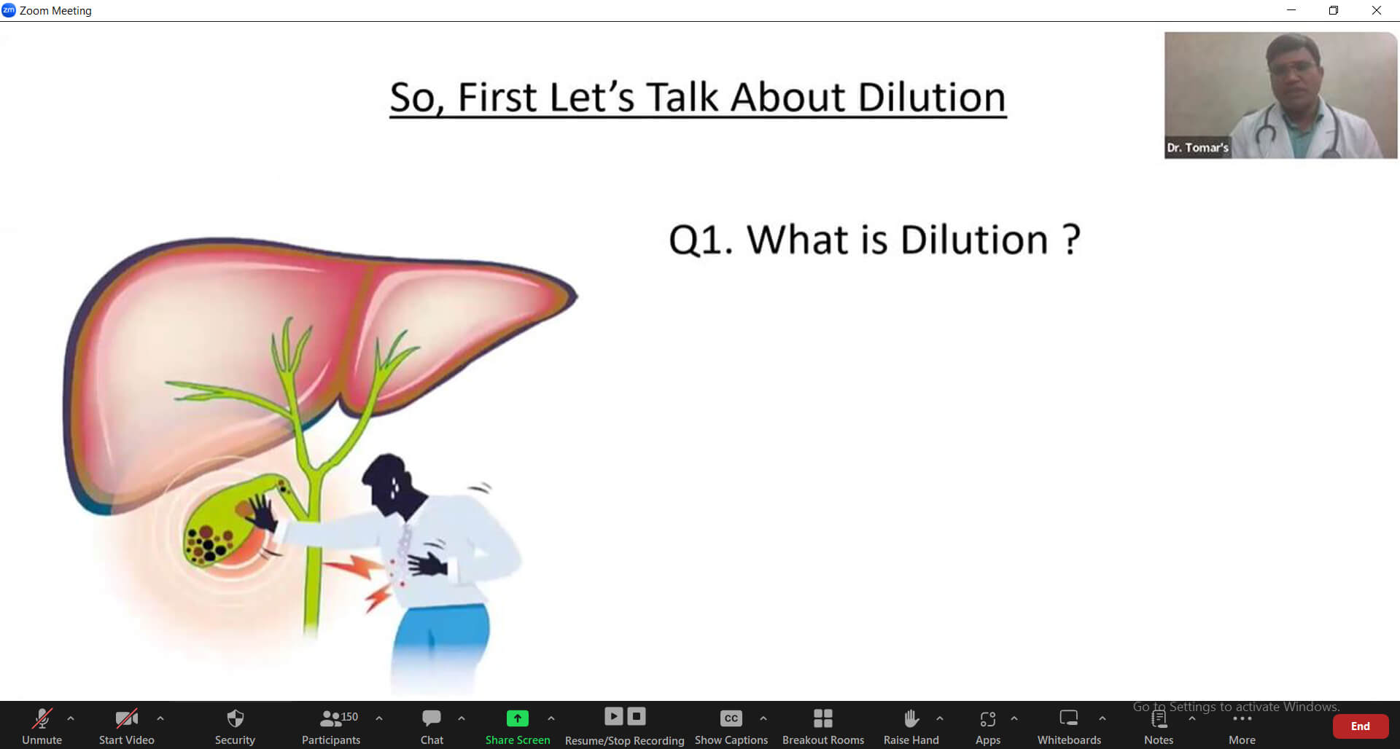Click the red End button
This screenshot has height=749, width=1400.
click(x=1360, y=726)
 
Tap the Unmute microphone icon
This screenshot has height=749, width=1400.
click(x=42, y=719)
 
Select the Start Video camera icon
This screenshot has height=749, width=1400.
click(x=126, y=719)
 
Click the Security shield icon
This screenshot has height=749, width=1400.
click(x=235, y=719)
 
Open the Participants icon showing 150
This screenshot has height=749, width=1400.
click(x=332, y=719)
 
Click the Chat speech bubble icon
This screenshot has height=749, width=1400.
click(x=432, y=719)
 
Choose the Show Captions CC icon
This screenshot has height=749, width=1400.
click(x=731, y=719)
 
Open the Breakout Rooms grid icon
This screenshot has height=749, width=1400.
click(x=822, y=719)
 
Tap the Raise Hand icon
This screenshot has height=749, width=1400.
click(x=911, y=719)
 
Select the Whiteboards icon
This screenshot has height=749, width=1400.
click(x=1069, y=719)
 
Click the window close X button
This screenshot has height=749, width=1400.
click(x=1377, y=10)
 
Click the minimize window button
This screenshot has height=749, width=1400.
click(x=1291, y=10)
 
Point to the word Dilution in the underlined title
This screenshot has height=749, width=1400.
click(x=931, y=98)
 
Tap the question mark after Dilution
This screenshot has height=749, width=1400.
click(x=1071, y=240)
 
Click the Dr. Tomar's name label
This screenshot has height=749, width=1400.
click(x=1197, y=148)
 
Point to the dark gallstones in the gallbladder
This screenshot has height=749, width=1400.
click(x=207, y=542)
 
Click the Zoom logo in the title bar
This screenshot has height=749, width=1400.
click(x=9, y=10)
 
